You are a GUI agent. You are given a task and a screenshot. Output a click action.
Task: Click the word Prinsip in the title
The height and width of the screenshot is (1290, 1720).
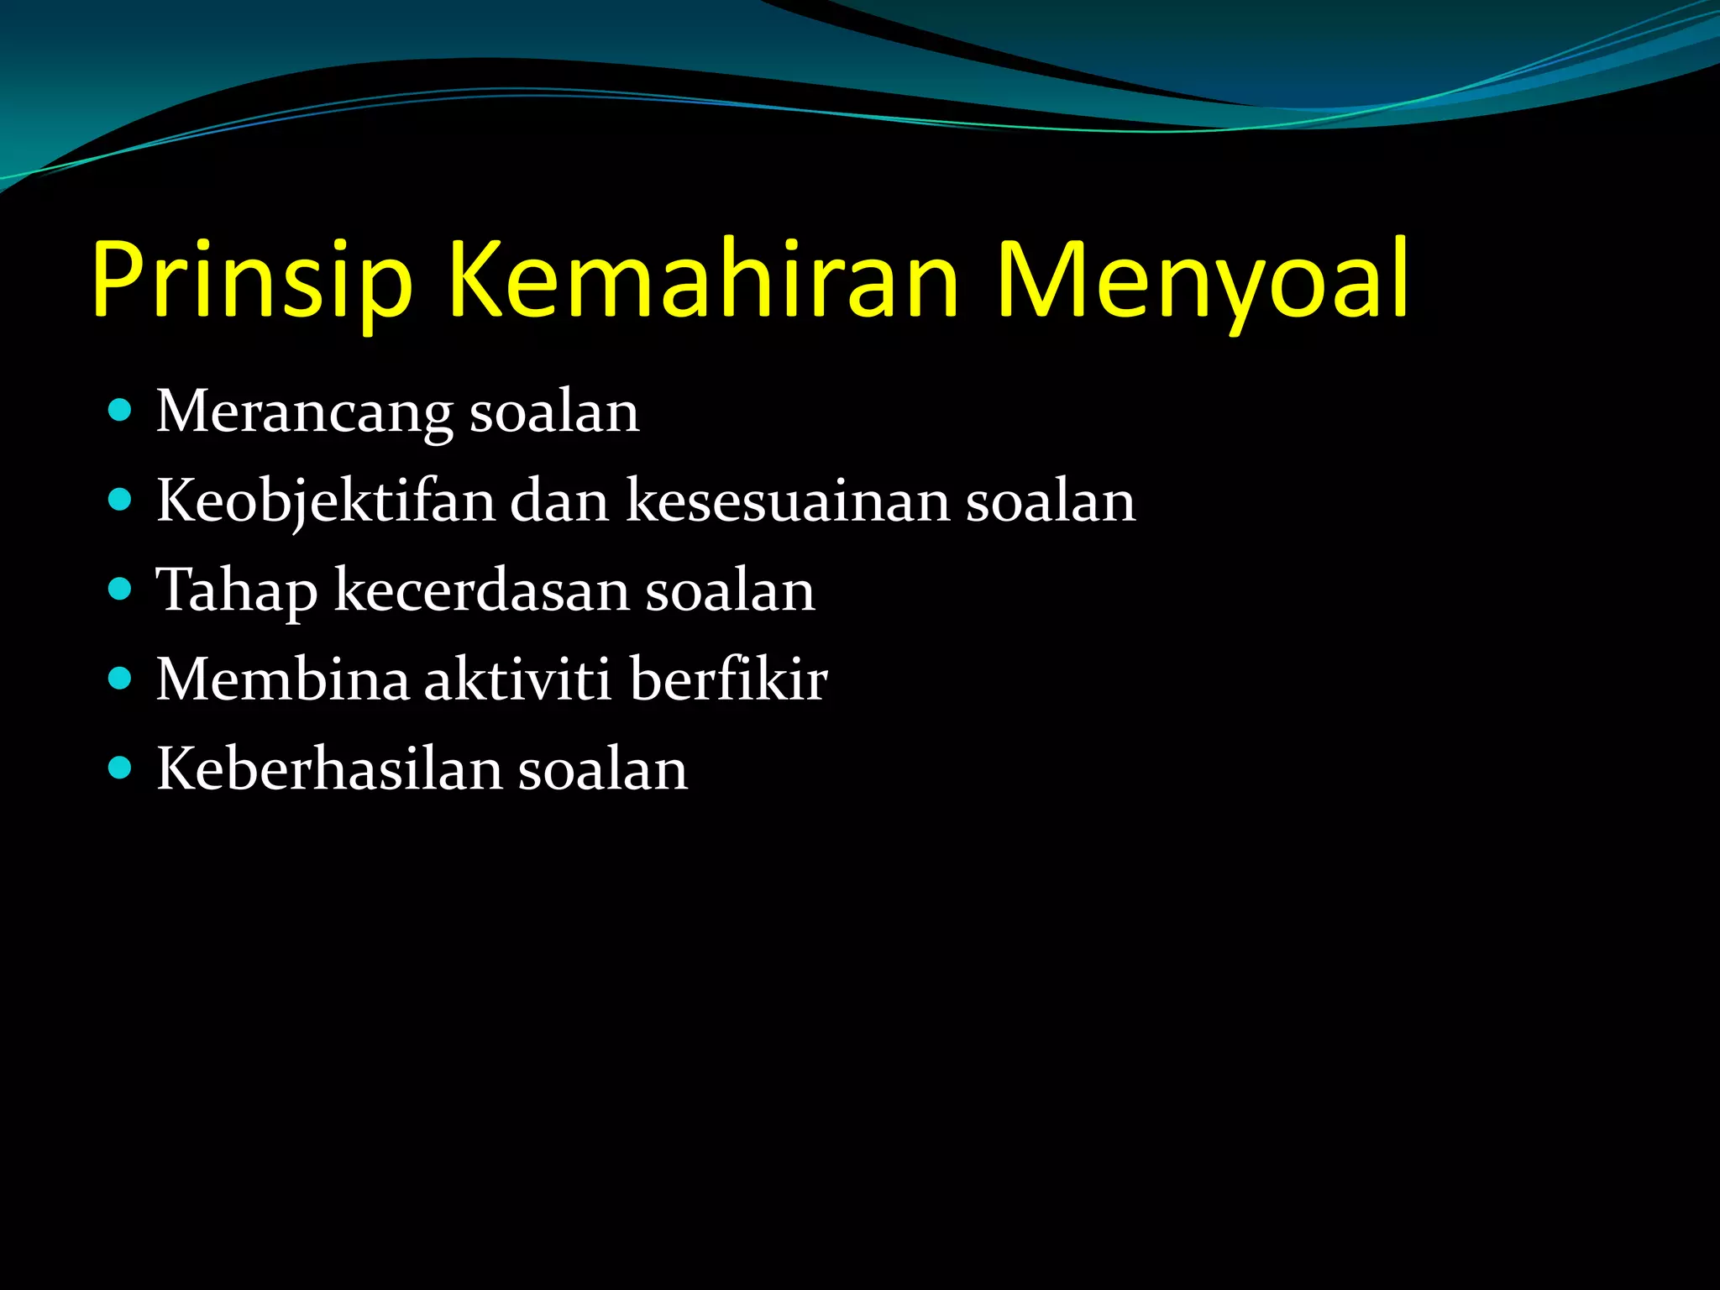coord(252,281)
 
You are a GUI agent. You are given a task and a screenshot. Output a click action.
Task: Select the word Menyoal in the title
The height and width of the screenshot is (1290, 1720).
coord(1203,281)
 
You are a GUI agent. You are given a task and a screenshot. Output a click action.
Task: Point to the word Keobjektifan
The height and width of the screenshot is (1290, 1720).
coord(326,502)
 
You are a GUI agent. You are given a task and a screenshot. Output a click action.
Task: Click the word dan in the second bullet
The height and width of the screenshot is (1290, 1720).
coord(559,501)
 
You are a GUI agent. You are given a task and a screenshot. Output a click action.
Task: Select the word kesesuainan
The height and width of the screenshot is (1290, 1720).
coord(788,501)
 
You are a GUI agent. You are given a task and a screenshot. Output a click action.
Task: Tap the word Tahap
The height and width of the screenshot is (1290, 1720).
coord(237,591)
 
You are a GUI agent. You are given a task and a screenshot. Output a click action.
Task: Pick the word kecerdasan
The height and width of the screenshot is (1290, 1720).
coord(481,590)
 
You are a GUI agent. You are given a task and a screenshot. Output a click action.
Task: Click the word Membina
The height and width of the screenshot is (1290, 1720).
coord(283,679)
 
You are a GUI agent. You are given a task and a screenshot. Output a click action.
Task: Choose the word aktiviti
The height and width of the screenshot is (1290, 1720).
coord(517,679)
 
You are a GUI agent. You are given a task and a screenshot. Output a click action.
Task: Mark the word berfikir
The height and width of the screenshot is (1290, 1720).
coord(728,679)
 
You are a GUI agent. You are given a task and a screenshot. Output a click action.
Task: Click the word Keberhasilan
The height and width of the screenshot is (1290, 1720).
coord(329,769)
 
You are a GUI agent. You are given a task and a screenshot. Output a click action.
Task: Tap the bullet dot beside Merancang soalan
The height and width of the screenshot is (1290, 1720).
coord(121,411)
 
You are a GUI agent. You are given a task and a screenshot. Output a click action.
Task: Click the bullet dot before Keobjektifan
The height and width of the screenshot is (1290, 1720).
coord(121,501)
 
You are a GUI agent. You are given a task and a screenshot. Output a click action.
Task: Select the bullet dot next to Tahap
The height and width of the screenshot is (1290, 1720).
coord(121,590)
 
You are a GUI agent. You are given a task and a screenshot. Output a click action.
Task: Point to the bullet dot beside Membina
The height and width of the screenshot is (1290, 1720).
coord(121,679)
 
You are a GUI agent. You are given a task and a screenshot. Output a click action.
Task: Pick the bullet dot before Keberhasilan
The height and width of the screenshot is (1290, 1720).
coord(121,768)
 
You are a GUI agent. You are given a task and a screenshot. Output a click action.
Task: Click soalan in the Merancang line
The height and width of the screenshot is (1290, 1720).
coord(554,412)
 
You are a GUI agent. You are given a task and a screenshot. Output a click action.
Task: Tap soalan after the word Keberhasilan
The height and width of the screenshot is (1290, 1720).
coord(603,769)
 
